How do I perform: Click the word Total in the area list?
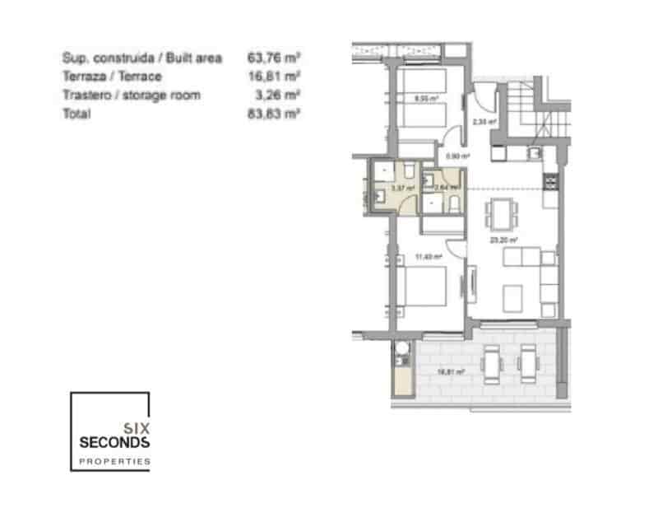[76, 114]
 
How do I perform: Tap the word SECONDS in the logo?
[114, 442]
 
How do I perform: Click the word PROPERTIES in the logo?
[114, 462]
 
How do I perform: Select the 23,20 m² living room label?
[503, 240]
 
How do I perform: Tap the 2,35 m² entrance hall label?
[484, 121]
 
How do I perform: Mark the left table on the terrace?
[491, 362]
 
